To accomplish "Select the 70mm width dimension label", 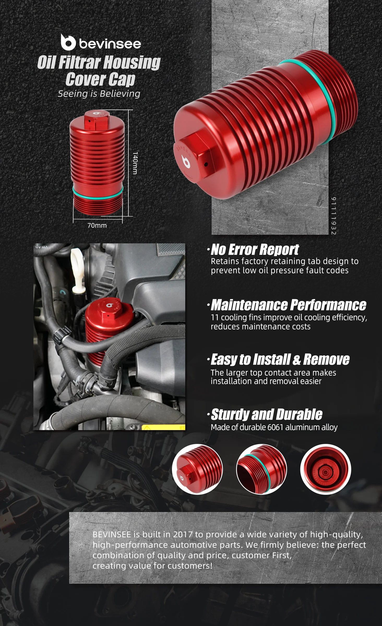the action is click(x=97, y=225).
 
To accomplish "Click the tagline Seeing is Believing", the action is click(x=99, y=94).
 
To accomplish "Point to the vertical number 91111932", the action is click(x=333, y=216).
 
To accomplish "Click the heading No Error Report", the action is click(x=255, y=250).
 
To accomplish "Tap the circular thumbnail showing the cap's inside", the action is click(x=325, y=469).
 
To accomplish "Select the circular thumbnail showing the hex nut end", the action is click(x=197, y=469).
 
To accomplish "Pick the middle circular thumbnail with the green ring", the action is click(x=261, y=469).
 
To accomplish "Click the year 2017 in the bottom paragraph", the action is click(x=183, y=534).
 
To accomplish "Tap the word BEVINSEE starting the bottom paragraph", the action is click(x=112, y=534).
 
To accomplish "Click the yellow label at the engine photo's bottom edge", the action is click(x=163, y=427).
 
